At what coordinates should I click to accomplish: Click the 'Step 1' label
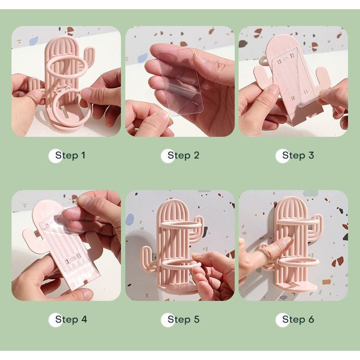[70, 156]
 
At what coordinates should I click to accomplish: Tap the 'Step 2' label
[183, 156]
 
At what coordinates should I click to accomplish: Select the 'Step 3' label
[298, 156]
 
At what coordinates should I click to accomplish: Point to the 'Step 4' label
[71, 319]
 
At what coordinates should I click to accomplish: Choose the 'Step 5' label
[183, 319]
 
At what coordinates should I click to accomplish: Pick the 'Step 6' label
[298, 319]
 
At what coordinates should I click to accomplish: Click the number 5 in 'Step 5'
[196, 319]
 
